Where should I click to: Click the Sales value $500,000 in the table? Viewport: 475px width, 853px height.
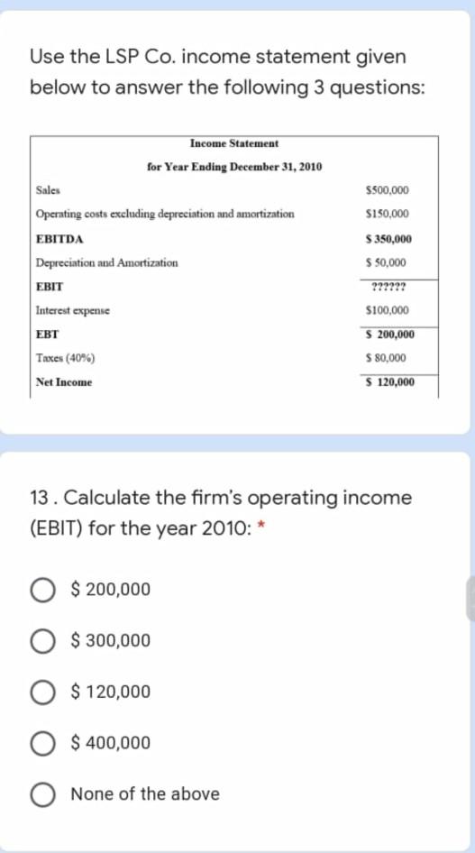point(388,190)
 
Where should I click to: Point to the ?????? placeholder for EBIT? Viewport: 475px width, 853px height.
point(388,287)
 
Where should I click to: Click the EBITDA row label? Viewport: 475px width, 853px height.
point(59,239)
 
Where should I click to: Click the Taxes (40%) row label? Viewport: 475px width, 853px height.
point(67,358)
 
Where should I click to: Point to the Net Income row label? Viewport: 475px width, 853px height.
point(63,382)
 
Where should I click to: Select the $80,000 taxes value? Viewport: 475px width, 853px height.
point(388,358)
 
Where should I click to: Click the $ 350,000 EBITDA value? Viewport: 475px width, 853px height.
point(388,239)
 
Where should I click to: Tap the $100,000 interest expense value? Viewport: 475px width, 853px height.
point(388,310)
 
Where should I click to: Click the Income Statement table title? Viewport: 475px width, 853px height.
point(234,143)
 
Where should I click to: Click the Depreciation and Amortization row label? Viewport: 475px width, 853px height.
point(106,262)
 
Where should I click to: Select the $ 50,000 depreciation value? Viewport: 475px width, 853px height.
point(388,262)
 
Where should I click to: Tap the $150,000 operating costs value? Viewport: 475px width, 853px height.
point(388,215)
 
